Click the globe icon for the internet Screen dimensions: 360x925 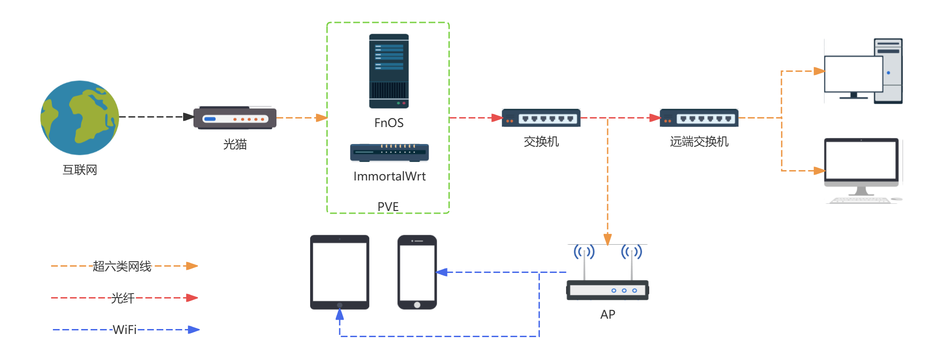[79, 118]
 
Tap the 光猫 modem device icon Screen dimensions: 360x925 [235, 118]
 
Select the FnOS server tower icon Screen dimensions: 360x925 [389, 71]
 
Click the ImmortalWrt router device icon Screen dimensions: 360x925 [389, 152]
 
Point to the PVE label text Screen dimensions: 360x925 [388, 206]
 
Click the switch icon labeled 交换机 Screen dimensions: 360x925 [541, 118]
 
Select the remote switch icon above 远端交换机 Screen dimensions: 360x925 [699, 118]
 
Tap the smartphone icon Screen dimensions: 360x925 [417, 272]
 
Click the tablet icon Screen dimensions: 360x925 [339, 272]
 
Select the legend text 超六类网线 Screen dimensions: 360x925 [122, 266]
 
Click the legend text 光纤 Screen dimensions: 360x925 [123, 298]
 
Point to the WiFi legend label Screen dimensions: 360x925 [124, 330]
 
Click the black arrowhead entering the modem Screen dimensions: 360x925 [189, 117]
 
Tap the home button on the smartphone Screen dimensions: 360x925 [417, 305]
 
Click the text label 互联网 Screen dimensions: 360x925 [80, 170]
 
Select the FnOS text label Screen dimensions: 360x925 [389, 123]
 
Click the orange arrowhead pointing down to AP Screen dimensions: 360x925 [608, 240]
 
